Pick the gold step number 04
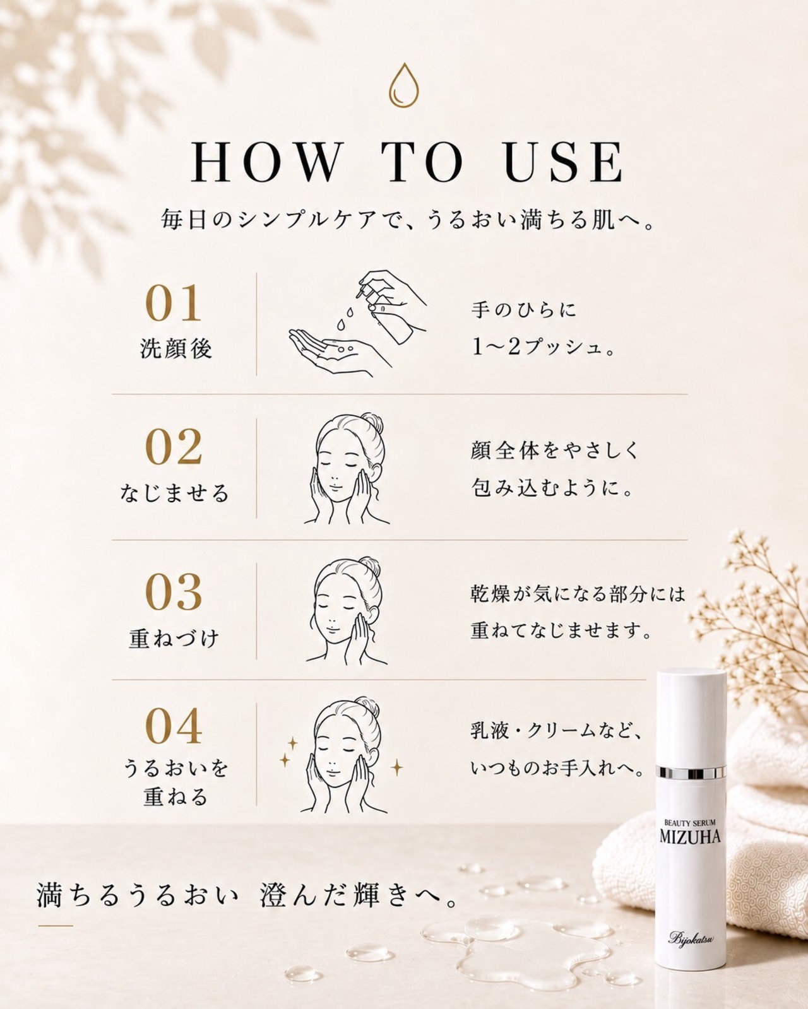pyautogui.click(x=173, y=726)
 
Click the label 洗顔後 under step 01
pyautogui.click(x=176, y=349)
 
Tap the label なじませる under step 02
pyautogui.click(x=174, y=493)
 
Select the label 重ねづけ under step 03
pyautogui.click(x=174, y=638)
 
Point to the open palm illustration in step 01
pyautogui.click(x=331, y=351)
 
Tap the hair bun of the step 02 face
pyautogui.click(x=372, y=423)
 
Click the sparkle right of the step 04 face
pyautogui.click(x=397, y=767)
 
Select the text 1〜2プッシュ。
pyautogui.click(x=544, y=348)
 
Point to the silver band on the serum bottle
pyautogui.click(x=691, y=773)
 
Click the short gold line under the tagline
pyautogui.click(x=56, y=926)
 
